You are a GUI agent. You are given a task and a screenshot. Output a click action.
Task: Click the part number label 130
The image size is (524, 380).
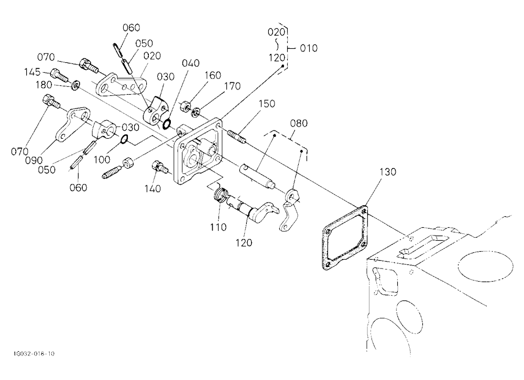pyautogui.click(x=388, y=172)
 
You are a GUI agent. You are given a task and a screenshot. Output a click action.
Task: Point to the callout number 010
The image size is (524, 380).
pyautogui.click(x=309, y=49)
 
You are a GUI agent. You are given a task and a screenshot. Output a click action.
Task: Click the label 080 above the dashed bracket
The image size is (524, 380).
pyautogui.click(x=299, y=124)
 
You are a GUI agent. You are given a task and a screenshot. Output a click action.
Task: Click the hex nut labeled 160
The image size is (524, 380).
pyautogui.click(x=184, y=107)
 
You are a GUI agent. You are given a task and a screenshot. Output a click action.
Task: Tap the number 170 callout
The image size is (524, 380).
pyautogui.click(x=232, y=86)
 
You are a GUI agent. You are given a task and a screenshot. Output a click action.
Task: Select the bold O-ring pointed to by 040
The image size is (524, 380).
pyautogui.click(x=166, y=124)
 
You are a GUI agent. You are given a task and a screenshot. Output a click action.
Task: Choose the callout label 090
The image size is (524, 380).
pyautogui.click(x=34, y=160)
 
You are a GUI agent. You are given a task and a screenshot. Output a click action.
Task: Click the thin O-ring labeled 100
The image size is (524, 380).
pyautogui.click(x=124, y=139)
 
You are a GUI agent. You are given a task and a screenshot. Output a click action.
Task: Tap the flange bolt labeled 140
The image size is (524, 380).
pyautogui.click(x=160, y=166)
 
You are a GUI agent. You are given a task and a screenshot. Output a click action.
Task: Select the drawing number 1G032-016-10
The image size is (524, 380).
pyautogui.click(x=34, y=354)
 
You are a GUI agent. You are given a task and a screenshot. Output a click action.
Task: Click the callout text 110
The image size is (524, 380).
pyautogui.click(x=218, y=227)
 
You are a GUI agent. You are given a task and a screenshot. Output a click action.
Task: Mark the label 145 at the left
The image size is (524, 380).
pyautogui.click(x=32, y=72)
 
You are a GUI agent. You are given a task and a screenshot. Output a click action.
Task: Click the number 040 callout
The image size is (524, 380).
pyautogui.click(x=191, y=63)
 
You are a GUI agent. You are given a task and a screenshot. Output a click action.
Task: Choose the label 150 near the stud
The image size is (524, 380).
pyautogui.click(x=267, y=104)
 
